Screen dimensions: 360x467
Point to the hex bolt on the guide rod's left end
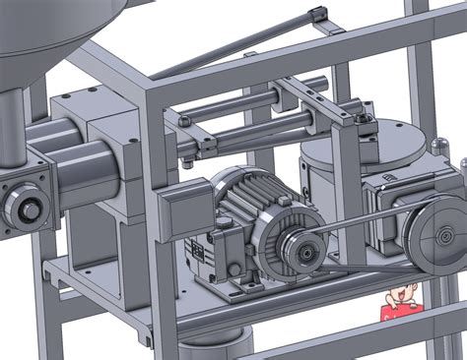coord(183,121)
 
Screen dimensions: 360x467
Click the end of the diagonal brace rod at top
coord(316,13)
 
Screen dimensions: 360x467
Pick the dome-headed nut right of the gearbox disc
coord(434,145)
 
